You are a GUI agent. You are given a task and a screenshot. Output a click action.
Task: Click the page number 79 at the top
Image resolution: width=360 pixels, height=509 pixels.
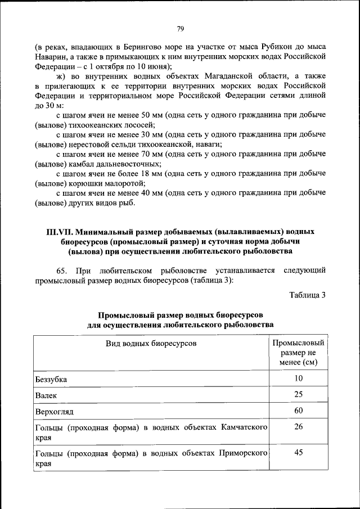point(180,29)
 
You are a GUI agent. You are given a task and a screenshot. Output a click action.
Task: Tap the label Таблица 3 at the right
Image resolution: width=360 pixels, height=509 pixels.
point(307,295)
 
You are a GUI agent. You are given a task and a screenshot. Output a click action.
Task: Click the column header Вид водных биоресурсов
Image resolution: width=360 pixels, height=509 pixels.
point(151,343)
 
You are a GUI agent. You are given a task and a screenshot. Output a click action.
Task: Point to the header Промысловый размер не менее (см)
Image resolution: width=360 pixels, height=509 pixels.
point(298,352)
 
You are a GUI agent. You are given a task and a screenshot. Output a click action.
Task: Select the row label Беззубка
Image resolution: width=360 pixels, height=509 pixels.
point(51,379)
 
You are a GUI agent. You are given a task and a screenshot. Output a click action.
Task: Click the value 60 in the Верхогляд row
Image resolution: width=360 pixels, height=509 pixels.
point(298,410)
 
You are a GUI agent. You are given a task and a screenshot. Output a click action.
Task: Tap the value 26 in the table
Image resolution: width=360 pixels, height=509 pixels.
point(298,426)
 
